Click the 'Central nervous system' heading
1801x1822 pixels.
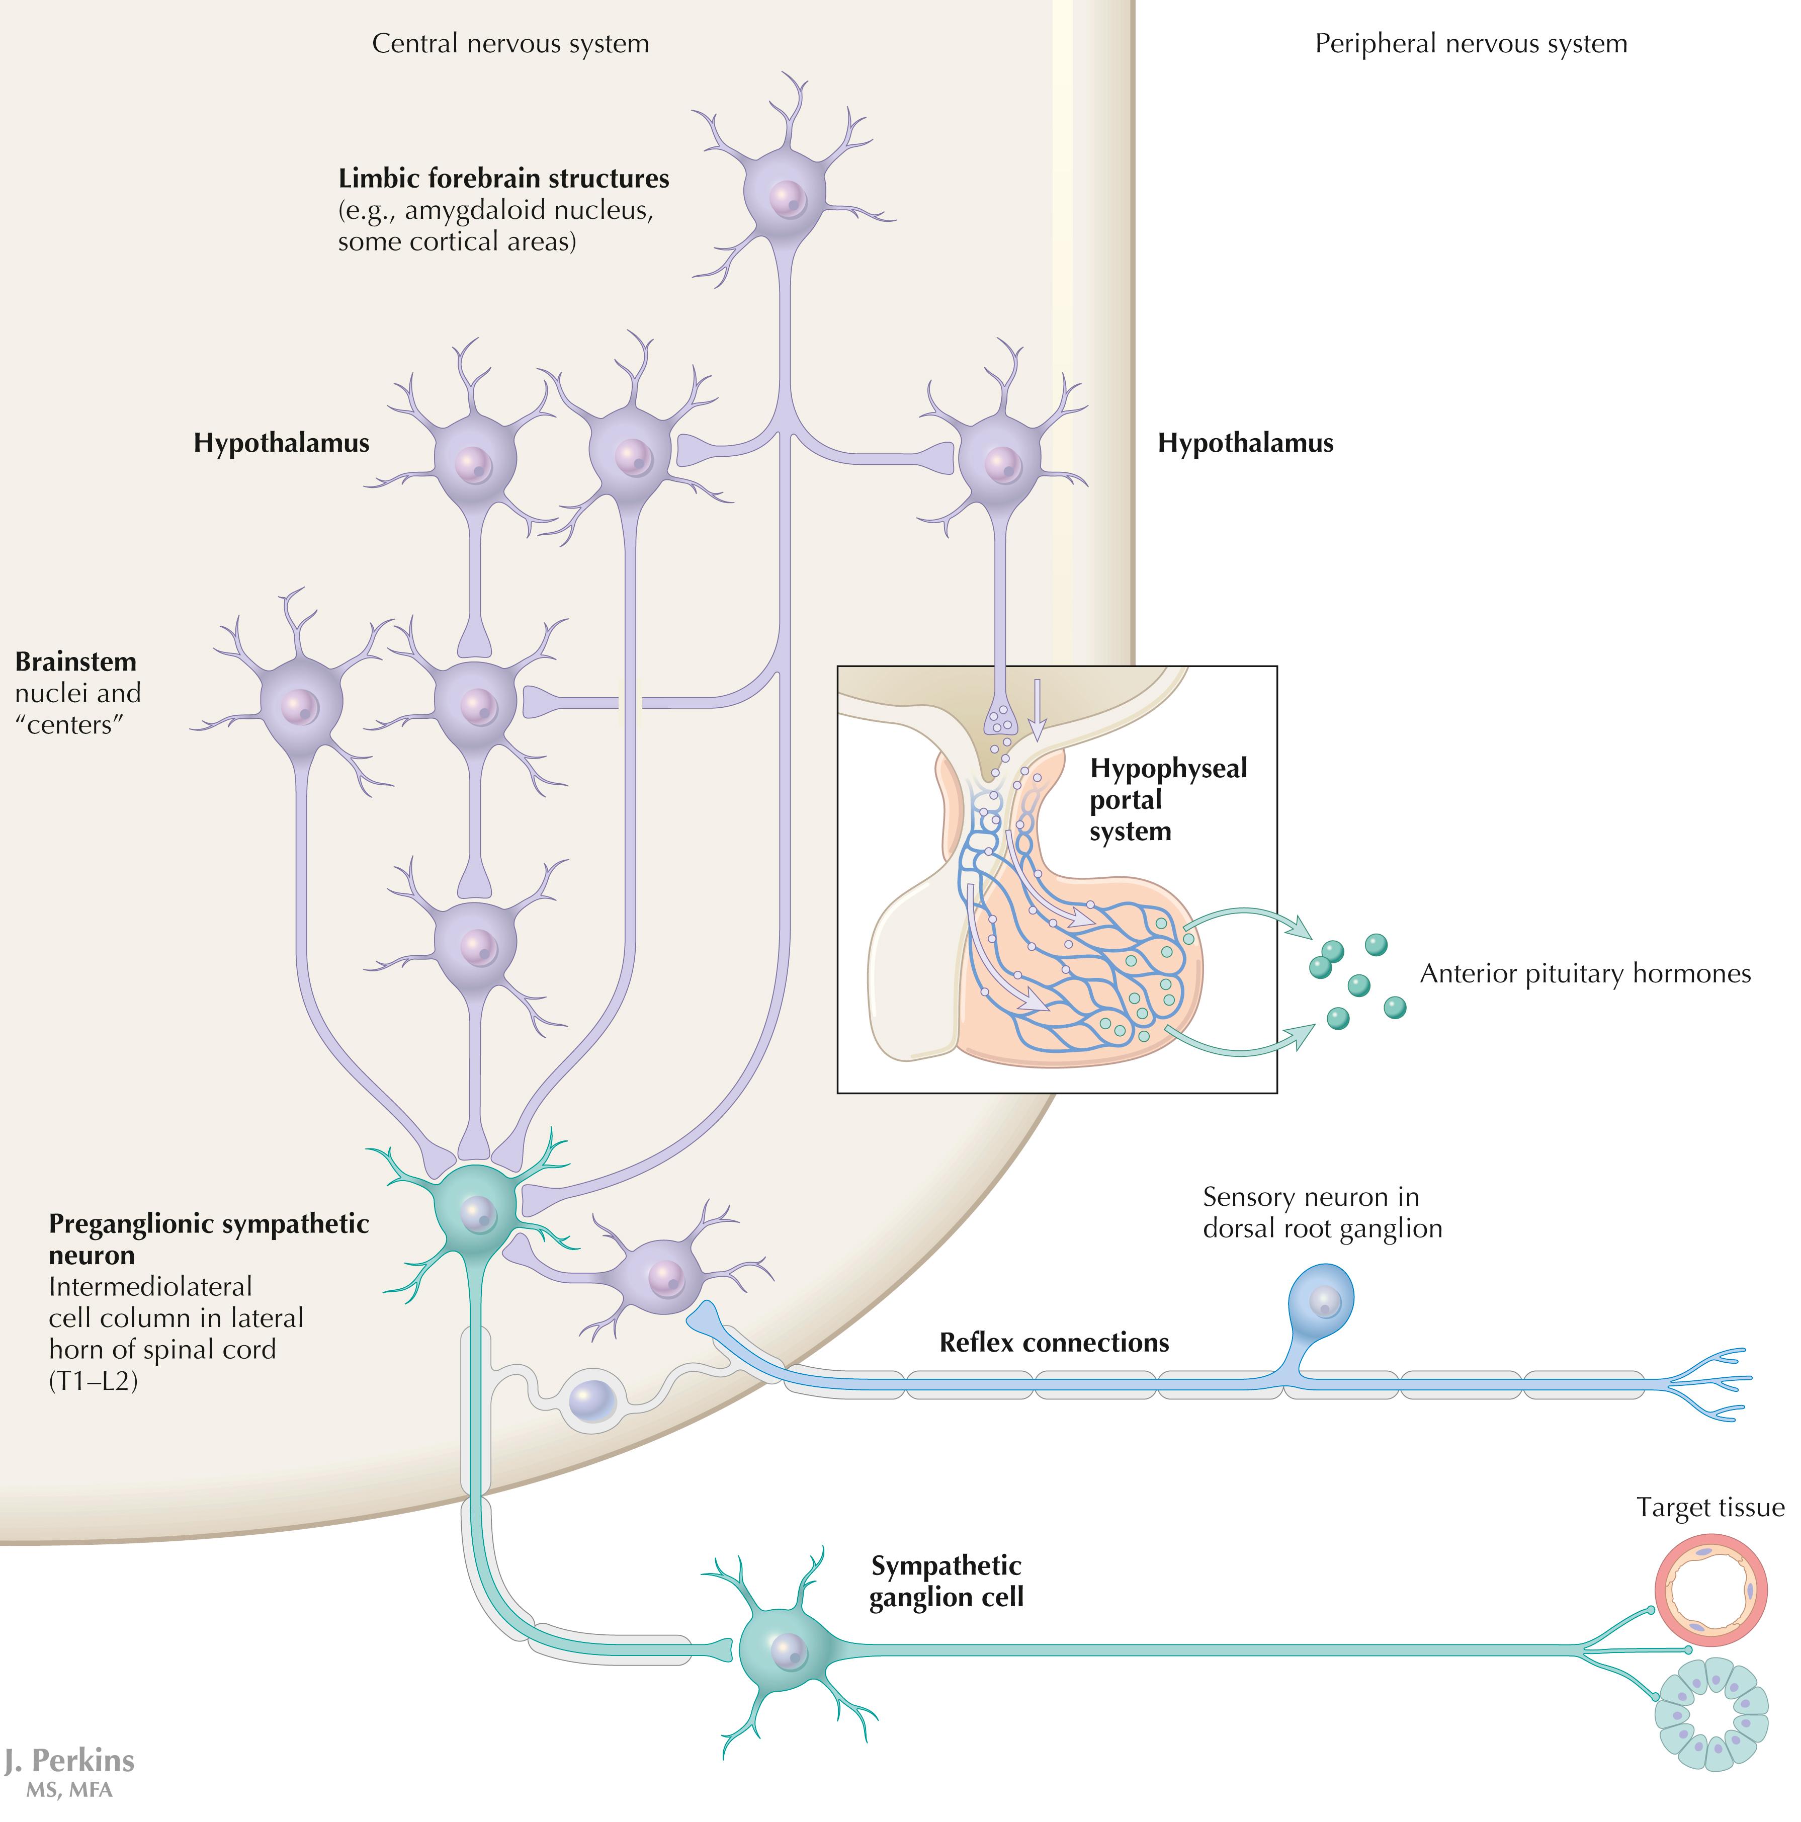coord(510,43)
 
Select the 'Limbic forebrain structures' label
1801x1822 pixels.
coord(503,178)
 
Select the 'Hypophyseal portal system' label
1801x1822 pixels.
coord(1167,800)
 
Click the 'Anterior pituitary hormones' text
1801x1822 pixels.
coord(1584,973)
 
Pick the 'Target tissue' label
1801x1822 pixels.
coord(1709,1507)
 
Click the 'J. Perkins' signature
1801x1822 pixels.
coord(69,1760)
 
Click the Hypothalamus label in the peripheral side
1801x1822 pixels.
coord(1245,443)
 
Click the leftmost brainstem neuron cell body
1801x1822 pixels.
coord(300,704)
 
